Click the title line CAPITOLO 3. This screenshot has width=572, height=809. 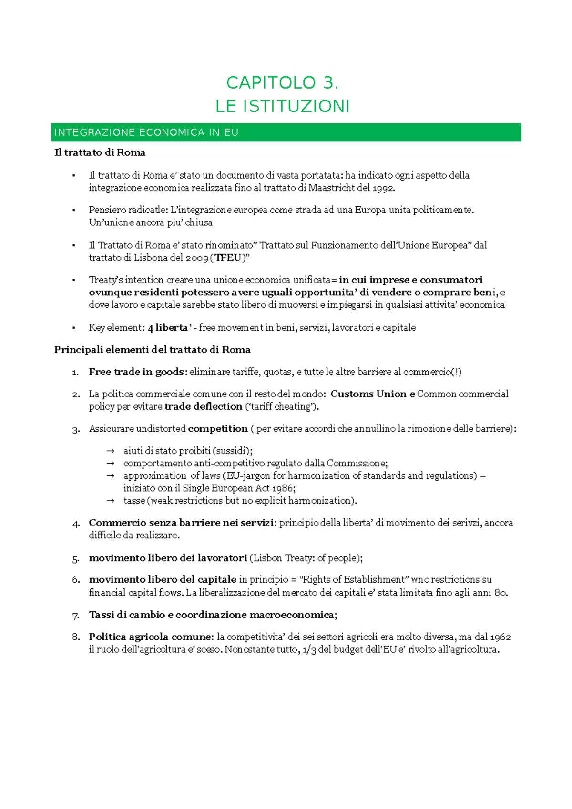282,83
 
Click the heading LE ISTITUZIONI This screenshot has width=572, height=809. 282,106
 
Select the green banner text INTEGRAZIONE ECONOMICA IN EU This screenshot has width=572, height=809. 146,132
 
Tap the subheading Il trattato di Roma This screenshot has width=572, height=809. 100,152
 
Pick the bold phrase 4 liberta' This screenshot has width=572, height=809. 170,328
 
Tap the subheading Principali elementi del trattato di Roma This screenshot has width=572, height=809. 152,350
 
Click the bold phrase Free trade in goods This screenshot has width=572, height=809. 137,372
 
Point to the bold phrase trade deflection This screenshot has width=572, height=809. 204,406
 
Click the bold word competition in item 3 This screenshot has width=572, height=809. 218,429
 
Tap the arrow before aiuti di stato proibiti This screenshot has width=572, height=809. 110,451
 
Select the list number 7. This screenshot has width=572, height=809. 75,615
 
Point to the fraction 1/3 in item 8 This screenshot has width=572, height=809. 309,650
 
